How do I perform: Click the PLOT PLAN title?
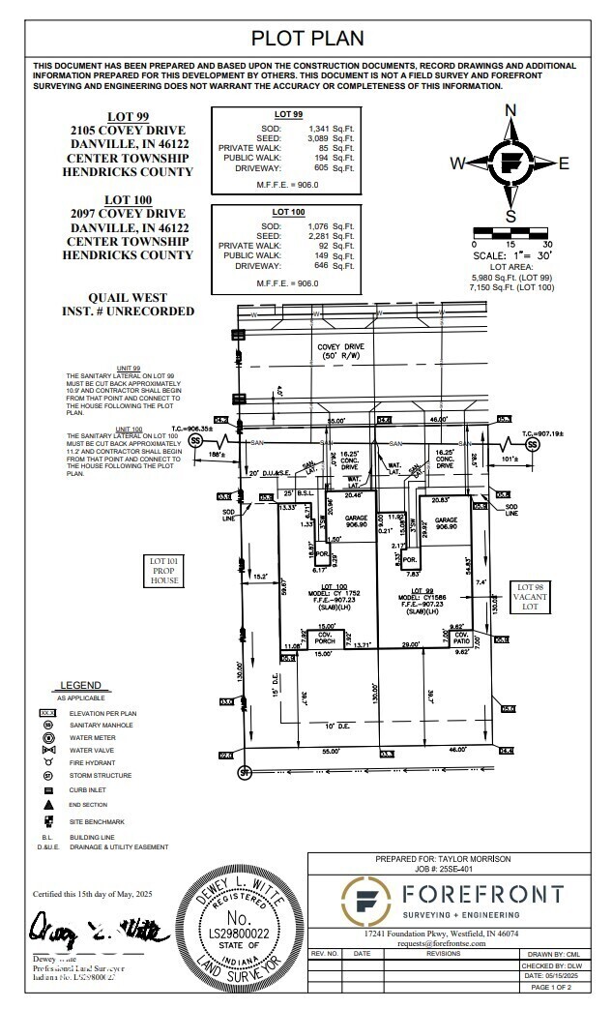click(x=307, y=39)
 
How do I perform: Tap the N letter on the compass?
click(x=510, y=110)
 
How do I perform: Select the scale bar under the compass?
click(x=510, y=230)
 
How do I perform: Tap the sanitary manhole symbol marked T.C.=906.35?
click(x=196, y=440)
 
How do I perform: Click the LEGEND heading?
click(x=81, y=686)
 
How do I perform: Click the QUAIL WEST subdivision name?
click(x=128, y=298)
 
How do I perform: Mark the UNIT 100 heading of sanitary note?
click(x=129, y=429)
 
